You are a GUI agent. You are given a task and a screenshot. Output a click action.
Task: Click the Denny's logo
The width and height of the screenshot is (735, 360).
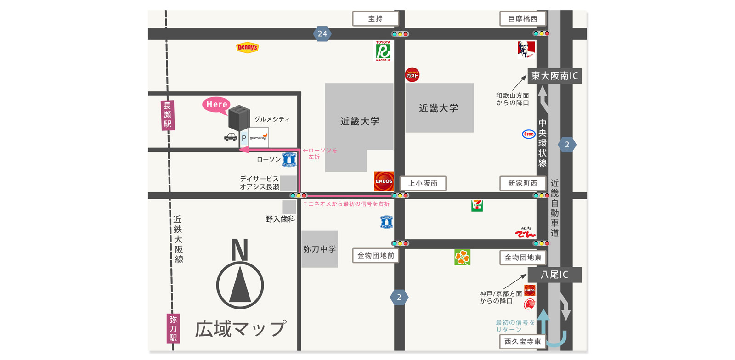click(x=247, y=47)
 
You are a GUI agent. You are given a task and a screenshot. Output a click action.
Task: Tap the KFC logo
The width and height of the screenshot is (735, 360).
click(x=526, y=49)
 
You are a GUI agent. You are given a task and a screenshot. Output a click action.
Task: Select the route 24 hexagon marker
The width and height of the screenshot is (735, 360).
click(x=322, y=34)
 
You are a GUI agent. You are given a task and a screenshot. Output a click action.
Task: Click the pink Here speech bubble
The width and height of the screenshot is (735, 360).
click(x=216, y=105)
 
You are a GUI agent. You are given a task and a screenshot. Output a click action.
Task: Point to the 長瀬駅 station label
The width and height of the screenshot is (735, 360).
click(x=168, y=115)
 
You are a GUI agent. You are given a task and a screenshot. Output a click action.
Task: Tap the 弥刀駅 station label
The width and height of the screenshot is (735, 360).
click(x=173, y=328)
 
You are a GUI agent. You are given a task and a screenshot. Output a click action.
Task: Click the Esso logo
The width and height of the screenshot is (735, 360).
click(x=529, y=134)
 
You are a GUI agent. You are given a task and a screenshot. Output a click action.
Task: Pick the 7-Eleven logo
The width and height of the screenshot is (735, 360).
click(x=477, y=205)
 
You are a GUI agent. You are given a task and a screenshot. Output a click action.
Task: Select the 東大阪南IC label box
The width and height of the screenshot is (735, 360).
click(x=554, y=76)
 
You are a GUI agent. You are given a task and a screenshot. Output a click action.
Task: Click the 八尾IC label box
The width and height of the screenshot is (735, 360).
click(x=554, y=275)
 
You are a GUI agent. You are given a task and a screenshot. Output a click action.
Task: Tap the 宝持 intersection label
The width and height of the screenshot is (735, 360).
click(x=375, y=19)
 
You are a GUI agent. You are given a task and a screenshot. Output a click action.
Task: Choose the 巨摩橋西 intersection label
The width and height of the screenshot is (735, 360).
click(x=523, y=19)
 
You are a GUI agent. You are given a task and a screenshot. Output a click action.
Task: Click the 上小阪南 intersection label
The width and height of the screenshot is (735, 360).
click(x=423, y=183)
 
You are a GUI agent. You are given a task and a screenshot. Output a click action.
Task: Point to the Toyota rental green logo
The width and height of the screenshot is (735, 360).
click(x=383, y=51)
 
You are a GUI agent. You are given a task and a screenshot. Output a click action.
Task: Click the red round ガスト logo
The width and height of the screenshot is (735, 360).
click(x=412, y=75)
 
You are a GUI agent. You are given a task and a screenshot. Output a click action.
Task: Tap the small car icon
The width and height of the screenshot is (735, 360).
click(x=231, y=137)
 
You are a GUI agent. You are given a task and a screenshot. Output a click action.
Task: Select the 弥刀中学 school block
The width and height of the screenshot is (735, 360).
click(x=319, y=249)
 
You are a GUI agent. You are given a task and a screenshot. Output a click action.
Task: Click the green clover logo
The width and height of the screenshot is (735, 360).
click(x=462, y=258)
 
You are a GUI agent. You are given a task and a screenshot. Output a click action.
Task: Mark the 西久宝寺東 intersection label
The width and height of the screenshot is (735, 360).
click(x=522, y=342)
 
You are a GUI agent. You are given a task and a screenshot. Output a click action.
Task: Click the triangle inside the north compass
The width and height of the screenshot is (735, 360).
click(x=240, y=286)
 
